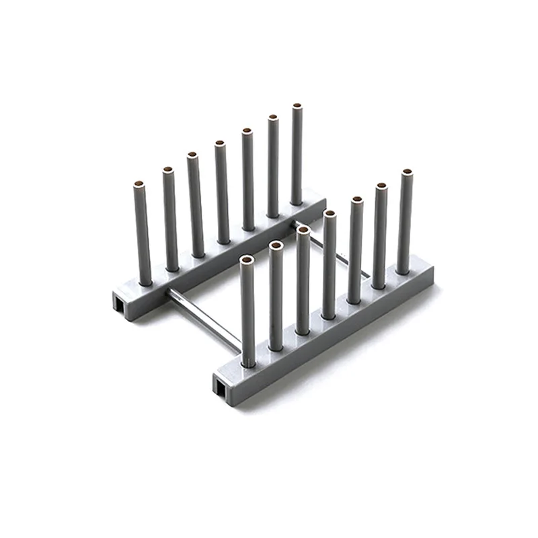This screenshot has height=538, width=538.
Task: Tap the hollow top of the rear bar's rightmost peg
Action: coord(297,106)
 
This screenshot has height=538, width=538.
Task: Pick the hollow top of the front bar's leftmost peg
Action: coord(247,259)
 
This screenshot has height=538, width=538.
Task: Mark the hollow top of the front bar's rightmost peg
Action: coord(406,173)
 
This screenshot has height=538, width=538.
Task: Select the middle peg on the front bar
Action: coord(330,266)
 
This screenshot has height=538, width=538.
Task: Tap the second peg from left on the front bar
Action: coord(276,296)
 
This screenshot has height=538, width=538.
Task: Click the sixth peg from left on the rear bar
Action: coord(272,165)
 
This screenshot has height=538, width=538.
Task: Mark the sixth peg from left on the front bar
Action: coord(381,235)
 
